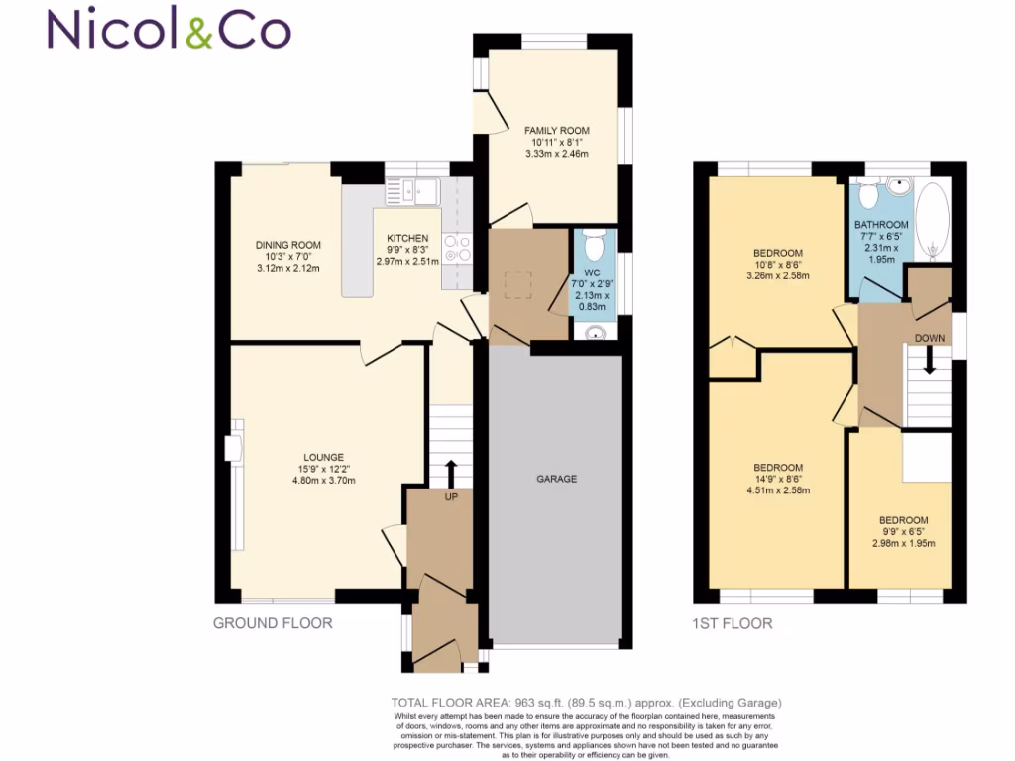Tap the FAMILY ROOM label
pos(557,130)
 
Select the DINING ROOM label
pos(288,245)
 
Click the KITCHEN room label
pos(407,238)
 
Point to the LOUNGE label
pos(323,457)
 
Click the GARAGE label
pos(556,479)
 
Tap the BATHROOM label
pos(881,225)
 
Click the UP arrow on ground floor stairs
pos(451,471)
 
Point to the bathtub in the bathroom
pos(933,217)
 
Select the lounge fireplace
pos(232,450)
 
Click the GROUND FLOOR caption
pos(273,623)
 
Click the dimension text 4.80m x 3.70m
pos(323,481)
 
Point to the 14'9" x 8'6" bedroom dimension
pos(778,479)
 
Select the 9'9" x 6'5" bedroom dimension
pos(903,532)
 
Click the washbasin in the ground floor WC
pos(595,332)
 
